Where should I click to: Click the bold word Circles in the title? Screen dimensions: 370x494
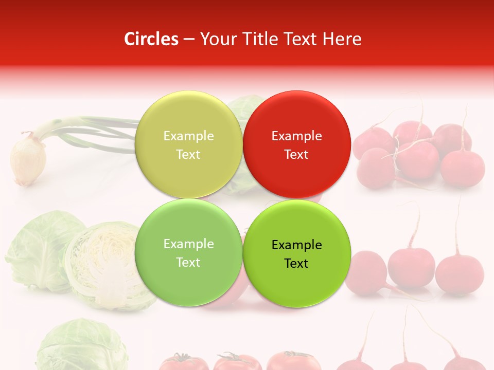coord(151,39)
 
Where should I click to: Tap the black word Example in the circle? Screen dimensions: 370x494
coord(296,245)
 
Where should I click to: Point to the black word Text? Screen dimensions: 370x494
coord(296,264)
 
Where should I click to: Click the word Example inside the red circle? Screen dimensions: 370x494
coord(296,136)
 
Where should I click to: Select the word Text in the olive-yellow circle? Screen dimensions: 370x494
coord(188,155)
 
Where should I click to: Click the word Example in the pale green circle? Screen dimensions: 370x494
coord(188,244)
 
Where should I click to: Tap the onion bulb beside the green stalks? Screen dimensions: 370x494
coord(28,160)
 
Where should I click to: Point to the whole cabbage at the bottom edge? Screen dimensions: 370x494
coord(82,347)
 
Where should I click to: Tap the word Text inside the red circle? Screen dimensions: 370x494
coord(296,155)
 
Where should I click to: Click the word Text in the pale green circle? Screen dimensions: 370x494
coord(188,263)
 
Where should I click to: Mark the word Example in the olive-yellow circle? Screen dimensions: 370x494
coord(188,136)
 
